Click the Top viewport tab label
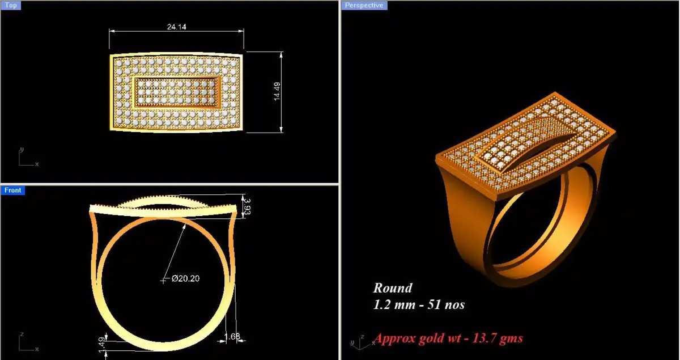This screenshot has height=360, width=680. tap(11, 6)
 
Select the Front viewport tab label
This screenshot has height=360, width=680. tap(12, 190)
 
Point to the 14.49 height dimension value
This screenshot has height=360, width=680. tap(277, 92)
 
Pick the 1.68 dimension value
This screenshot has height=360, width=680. tap(233, 337)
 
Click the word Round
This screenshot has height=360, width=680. tap(392, 288)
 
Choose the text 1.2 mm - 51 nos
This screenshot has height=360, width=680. tap(418, 304)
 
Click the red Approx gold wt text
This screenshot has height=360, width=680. tap(448, 338)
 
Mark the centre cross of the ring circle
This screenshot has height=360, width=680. tap(164, 280)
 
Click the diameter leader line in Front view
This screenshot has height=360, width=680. tap(176, 250)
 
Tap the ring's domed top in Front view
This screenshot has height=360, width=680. tap(164, 202)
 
